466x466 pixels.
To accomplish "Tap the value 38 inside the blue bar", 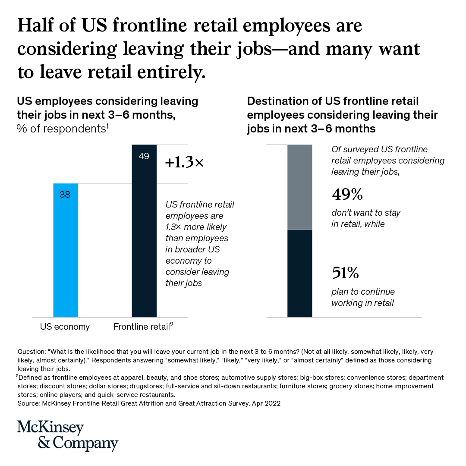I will point(65,195).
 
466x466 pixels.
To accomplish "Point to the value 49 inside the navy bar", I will point(144,156).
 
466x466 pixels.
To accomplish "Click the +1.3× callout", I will point(184,163).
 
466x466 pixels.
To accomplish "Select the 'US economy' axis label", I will point(65,327).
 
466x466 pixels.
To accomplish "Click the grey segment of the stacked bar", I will point(299,186).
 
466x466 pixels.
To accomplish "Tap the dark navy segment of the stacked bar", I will point(299,273).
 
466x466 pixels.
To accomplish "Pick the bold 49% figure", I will point(347,195).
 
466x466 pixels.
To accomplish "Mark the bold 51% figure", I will point(346,273).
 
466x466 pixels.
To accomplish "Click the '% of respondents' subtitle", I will point(62,129).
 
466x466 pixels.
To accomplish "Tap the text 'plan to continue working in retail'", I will point(363,297).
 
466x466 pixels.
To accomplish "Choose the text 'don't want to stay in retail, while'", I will point(366,218).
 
